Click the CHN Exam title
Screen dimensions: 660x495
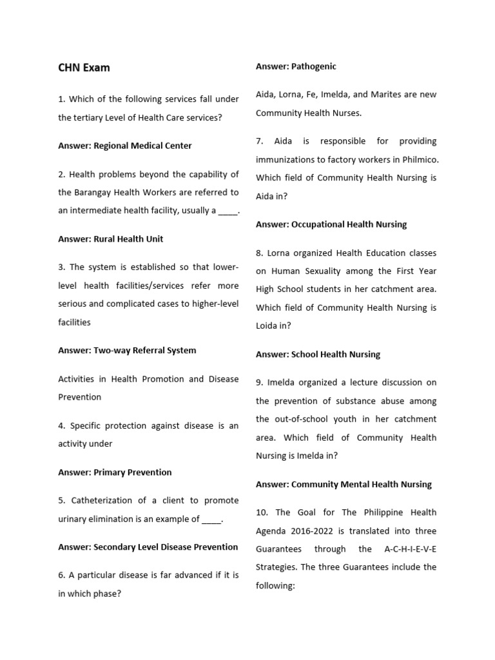coord(84,68)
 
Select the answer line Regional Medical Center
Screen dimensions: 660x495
coord(124,146)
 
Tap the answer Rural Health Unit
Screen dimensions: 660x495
coord(110,239)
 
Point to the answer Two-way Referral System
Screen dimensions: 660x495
coord(127,351)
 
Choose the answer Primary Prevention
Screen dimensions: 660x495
coord(115,472)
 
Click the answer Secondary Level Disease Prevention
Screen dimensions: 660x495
coord(148,547)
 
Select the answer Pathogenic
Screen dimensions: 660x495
coord(296,66)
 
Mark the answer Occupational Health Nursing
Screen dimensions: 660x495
coord(331,225)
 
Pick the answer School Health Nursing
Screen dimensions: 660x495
coord(318,354)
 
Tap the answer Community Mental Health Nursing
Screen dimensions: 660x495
coord(344,485)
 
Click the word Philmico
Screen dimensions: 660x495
coord(419,159)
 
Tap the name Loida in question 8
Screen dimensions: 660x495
coord(268,326)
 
